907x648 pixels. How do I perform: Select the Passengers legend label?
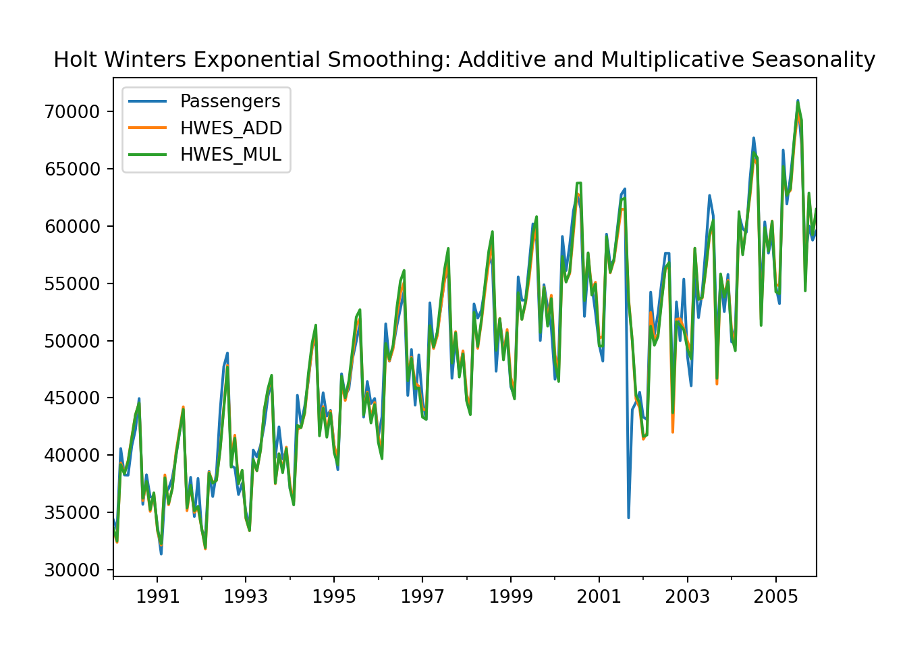(x=230, y=101)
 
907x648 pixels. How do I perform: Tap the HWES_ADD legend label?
(x=231, y=128)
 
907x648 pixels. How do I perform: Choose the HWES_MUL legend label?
(x=231, y=155)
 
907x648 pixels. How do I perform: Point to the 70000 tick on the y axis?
(x=72, y=111)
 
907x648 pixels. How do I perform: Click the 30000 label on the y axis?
(x=72, y=570)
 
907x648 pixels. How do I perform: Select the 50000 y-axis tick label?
(x=72, y=341)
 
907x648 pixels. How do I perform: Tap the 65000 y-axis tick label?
(x=72, y=169)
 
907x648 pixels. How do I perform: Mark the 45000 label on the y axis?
(x=72, y=398)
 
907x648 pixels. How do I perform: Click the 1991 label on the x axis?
(x=157, y=597)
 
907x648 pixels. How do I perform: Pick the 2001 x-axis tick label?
(x=599, y=597)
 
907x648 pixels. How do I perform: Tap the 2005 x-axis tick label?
(x=776, y=597)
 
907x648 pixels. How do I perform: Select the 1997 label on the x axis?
(x=422, y=597)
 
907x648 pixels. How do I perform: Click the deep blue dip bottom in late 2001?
(x=628, y=517)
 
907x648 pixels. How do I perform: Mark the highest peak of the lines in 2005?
(x=798, y=101)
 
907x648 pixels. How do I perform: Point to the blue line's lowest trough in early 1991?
(x=161, y=553)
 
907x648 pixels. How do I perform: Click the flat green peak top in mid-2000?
(x=579, y=183)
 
